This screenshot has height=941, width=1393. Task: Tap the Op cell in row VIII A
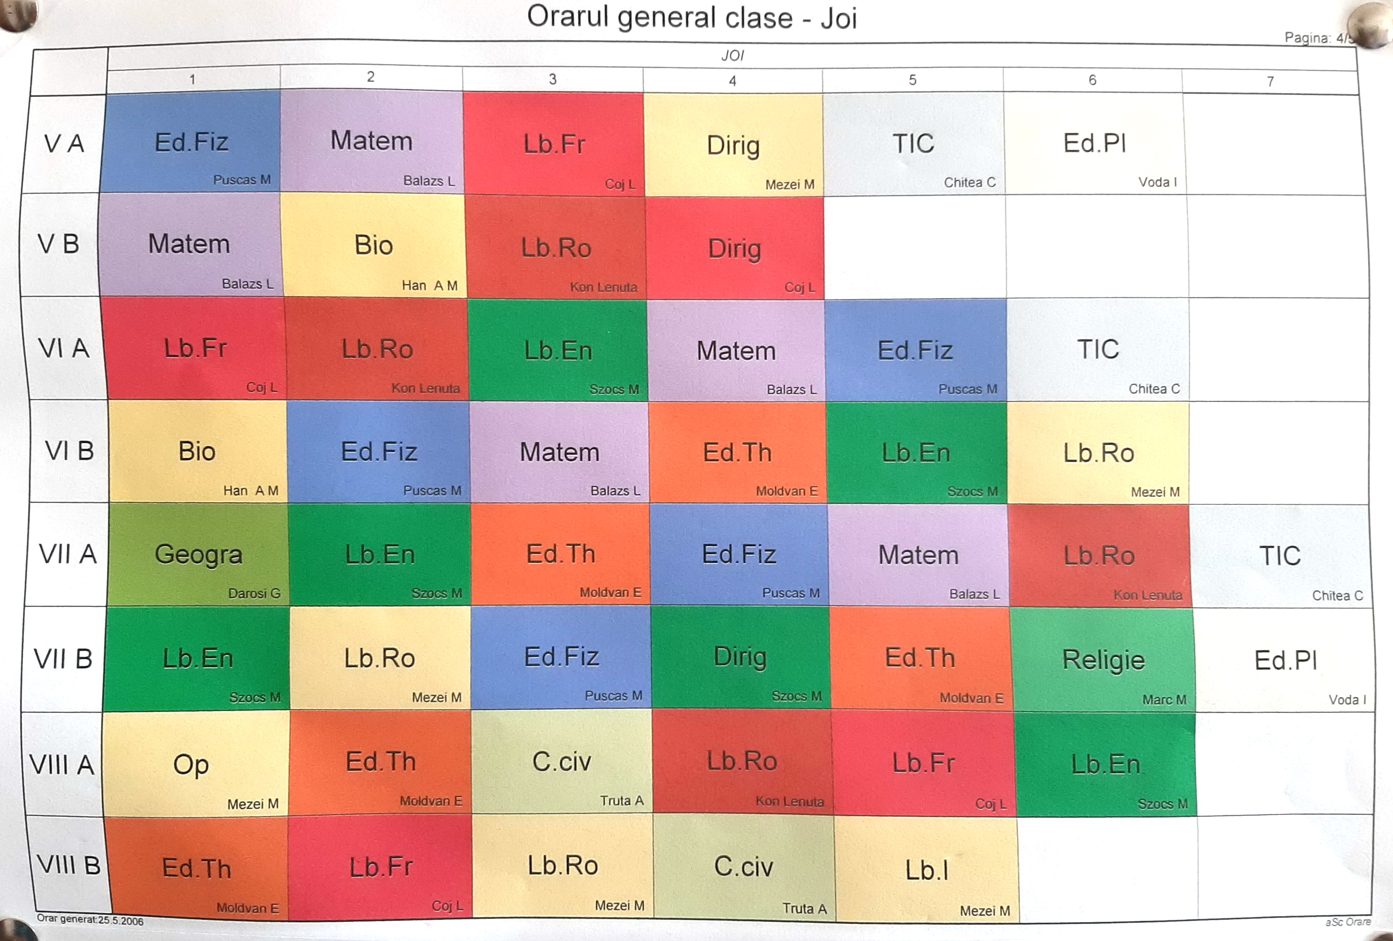[191, 765]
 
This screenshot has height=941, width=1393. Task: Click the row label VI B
[69, 451]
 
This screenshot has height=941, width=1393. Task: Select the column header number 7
[1270, 81]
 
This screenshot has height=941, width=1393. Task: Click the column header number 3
[552, 79]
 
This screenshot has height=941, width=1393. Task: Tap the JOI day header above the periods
[732, 56]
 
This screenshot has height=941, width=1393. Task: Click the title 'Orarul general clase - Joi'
[692, 17]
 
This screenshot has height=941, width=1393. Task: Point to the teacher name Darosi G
[254, 593]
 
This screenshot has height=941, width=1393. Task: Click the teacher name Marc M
[1164, 700]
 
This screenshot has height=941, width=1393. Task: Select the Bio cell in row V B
[373, 246]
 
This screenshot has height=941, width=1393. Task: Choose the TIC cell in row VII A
[1280, 556]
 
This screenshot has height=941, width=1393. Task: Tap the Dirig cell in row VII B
[740, 657]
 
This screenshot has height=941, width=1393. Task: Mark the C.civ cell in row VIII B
[743, 867]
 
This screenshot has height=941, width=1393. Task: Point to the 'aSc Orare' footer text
[1347, 922]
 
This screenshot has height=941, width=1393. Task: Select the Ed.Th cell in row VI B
[737, 453]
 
